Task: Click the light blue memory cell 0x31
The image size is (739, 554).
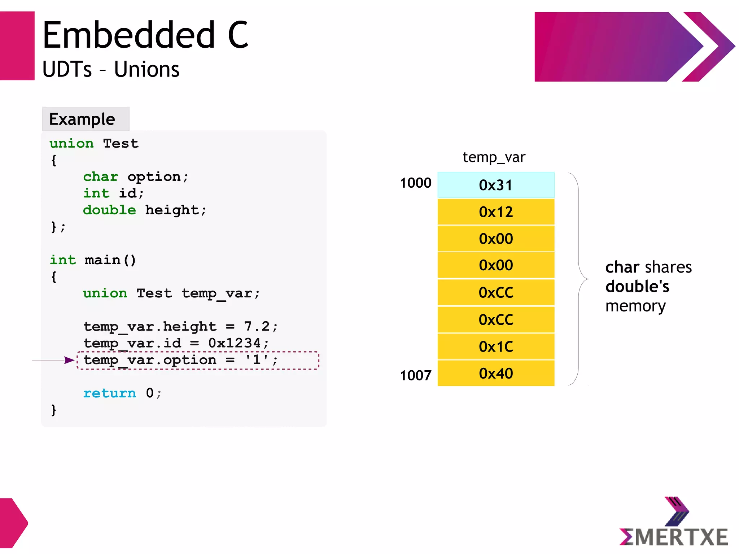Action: [x=496, y=185]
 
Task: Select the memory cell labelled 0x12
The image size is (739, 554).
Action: [x=496, y=212]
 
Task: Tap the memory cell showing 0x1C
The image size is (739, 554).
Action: [x=496, y=346]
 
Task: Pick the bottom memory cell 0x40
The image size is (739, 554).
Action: [x=496, y=373]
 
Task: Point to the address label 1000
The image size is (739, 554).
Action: [x=415, y=183]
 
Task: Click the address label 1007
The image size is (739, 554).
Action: [x=415, y=375]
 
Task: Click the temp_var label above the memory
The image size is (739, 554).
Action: [x=494, y=157]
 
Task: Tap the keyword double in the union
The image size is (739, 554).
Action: [x=109, y=210]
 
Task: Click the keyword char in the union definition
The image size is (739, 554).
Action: [x=101, y=176]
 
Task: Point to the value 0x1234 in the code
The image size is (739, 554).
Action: [x=234, y=343]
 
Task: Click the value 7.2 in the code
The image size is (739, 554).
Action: [x=257, y=326]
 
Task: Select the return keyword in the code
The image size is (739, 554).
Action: [x=110, y=393]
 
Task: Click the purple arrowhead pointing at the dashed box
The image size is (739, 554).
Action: [x=69, y=360]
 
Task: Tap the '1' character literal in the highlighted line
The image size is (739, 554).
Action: [x=257, y=359]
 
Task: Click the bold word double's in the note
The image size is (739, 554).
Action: [x=637, y=287]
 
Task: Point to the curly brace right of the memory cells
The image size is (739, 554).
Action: [x=579, y=279]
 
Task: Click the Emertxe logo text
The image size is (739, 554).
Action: [x=674, y=537]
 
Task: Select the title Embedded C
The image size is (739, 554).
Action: [x=145, y=35]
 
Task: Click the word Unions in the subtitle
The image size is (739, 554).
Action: [x=147, y=69]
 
